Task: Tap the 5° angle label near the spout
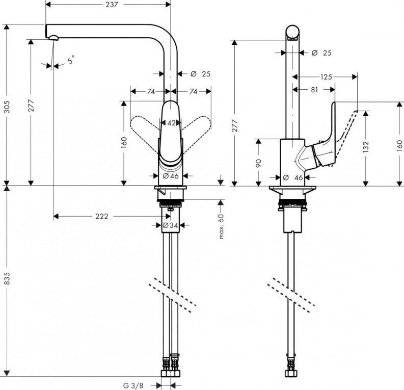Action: (x=70, y=60)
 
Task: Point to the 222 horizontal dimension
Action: (x=102, y=217)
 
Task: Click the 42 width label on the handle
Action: (x=171, y=123)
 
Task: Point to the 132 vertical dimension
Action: (x=366, y=147)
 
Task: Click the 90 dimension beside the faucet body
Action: (x=258, y=163)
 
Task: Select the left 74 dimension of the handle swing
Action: (x=151, y=92)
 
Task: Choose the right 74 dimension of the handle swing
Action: (x=193, y=92)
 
